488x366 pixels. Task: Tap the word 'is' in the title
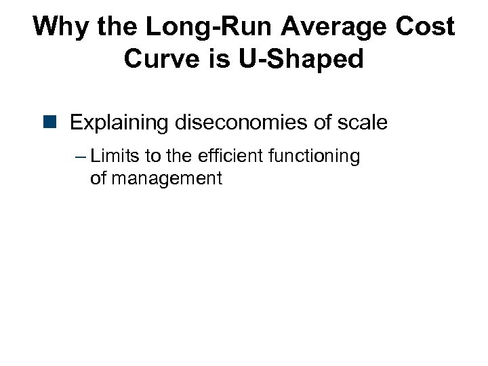coord(218,60)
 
